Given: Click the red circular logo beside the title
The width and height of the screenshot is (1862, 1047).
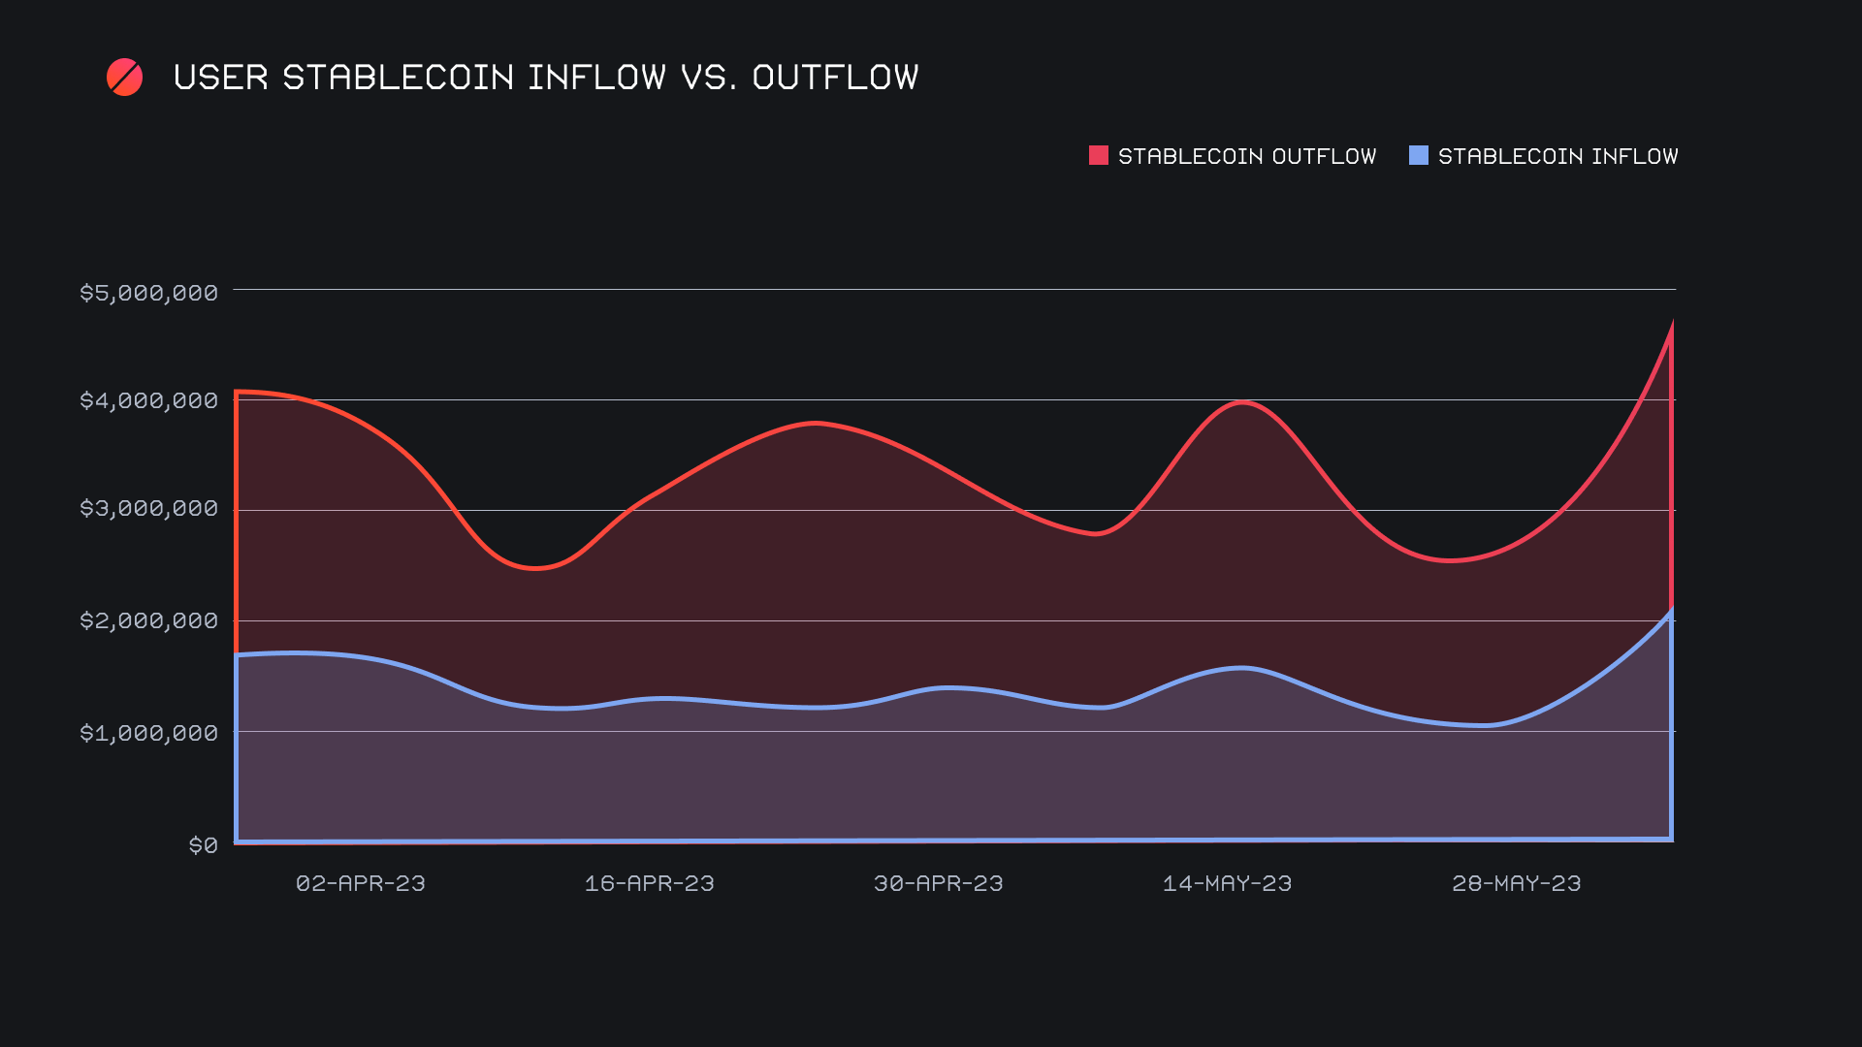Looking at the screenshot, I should click(124, 78).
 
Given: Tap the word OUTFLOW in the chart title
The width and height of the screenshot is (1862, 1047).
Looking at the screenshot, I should click(835, 78).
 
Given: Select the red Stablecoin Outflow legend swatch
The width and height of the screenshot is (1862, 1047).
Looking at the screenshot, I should click(1098, 155).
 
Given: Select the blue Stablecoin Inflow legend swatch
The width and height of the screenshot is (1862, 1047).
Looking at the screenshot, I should click(1418, 155).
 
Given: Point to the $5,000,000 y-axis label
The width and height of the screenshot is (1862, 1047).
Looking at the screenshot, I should click(148, 293).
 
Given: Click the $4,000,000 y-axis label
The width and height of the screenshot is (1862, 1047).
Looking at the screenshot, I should click(148, 400).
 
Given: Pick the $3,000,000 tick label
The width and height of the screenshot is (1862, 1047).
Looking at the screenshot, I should click(148, 508).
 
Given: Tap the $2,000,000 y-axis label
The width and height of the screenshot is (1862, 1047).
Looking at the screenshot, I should click(148, 620).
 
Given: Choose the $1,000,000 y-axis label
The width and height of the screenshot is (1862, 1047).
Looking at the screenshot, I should click(148, 733).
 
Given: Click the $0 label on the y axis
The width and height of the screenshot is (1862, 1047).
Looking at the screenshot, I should click(203, 845).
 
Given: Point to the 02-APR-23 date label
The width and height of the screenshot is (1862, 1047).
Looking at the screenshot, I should click(360, 883).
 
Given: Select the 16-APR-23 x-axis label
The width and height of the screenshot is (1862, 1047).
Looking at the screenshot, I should click(649, 883).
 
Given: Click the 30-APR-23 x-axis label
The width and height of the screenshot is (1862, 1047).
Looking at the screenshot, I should click(938, 883).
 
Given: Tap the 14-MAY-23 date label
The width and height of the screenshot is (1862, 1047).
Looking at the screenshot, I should click(1227, 883).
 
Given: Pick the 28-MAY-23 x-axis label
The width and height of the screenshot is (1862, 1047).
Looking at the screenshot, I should click(1516, 883).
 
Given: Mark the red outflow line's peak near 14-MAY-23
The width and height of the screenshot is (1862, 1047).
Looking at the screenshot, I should click(1242, 402).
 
